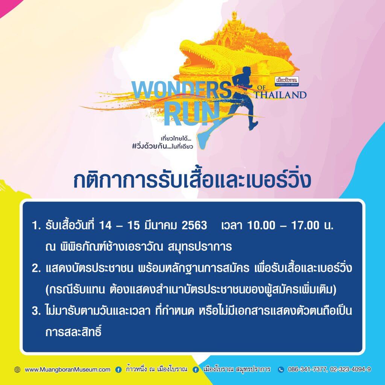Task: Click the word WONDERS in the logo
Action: [181, 90]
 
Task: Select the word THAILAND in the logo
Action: [280, 95]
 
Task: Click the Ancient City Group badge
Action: [287, 81]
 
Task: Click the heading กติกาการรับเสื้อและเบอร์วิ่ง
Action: [192, 180]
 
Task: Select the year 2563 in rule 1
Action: [194, 225]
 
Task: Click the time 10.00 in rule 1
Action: [261, 225]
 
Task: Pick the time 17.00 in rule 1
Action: [305, 225]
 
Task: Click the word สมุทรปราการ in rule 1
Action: [200, 247]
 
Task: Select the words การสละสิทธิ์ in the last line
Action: [73, 332]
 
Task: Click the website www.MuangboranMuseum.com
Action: [68, 370]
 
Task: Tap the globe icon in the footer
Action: [17, 370]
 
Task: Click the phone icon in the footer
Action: [281, 370]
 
